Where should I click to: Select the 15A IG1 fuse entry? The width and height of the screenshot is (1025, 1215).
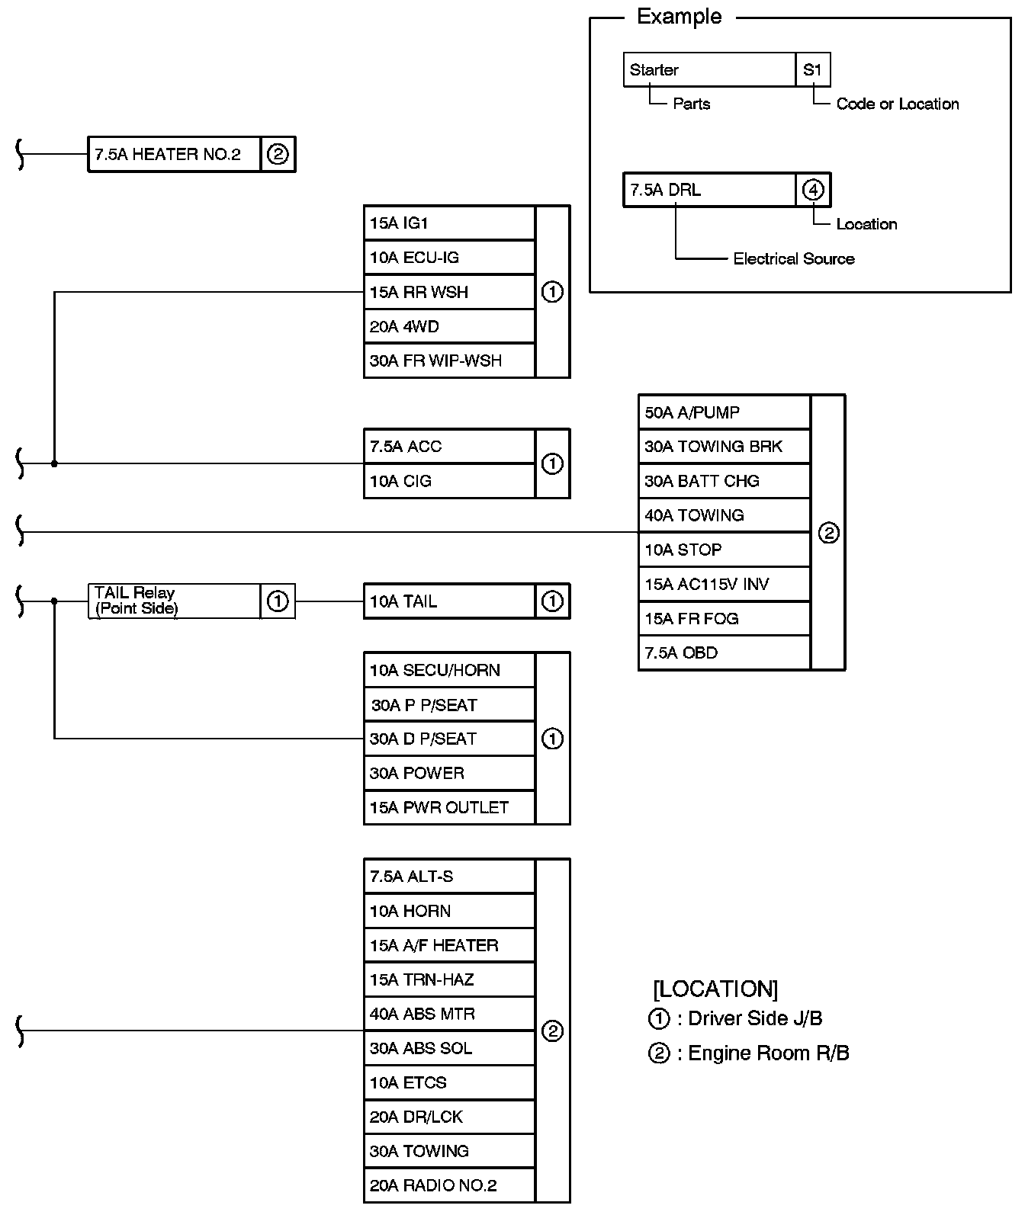[449, 223]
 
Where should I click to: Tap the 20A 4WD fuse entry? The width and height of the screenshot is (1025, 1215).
[449, 326]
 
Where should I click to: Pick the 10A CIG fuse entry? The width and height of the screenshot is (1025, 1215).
[449, 481]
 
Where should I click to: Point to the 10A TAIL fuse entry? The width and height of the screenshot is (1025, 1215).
[449, 601]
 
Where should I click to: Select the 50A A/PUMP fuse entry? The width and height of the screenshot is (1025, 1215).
[724, 412]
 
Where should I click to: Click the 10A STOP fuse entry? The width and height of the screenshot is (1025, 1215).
[724, 550]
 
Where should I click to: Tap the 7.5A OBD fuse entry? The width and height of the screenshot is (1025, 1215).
[724, 652]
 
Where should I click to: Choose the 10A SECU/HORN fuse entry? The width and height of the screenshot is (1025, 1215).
[449, 670]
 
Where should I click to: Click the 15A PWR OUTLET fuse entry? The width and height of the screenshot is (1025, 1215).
[449, 807]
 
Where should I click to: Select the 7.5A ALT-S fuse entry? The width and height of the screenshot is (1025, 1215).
[449, 877]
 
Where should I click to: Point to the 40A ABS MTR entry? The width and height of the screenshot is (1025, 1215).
[449, 1014]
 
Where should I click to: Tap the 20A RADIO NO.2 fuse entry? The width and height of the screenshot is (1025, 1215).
[449, 1185]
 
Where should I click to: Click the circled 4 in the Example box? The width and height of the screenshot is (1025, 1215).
[813, 190]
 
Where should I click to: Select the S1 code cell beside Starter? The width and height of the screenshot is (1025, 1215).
[812, 70]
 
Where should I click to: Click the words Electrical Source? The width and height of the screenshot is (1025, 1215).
[793, 259]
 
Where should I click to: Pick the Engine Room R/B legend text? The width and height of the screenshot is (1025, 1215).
[768, 1053]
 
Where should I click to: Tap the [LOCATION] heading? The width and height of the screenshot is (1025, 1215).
[715, 989]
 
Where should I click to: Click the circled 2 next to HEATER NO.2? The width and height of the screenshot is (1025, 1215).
[278, 154]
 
